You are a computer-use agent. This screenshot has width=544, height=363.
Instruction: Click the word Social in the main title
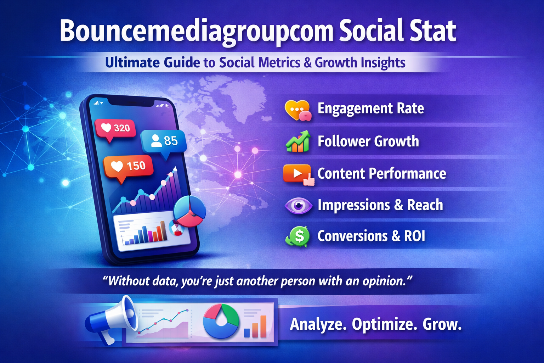pos(369,31)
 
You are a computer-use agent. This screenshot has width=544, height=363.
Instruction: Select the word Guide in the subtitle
pos(182,63)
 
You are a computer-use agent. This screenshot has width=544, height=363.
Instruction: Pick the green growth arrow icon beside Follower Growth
pos(298,141)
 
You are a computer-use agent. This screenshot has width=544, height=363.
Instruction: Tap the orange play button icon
pos(298,174)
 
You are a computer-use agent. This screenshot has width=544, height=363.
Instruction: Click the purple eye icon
pos(298,206)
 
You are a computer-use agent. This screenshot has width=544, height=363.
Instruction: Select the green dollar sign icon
pos(298,236)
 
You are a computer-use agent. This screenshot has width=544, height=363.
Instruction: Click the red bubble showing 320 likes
pos(115,128)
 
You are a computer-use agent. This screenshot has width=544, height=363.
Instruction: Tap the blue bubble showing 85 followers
pos(163,141)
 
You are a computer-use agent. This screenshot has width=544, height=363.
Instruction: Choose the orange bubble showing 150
pos(128,166)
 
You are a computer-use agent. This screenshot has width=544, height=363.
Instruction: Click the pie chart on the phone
pos(189,211)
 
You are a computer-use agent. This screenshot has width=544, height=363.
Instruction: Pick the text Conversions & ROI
pos(371,236)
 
